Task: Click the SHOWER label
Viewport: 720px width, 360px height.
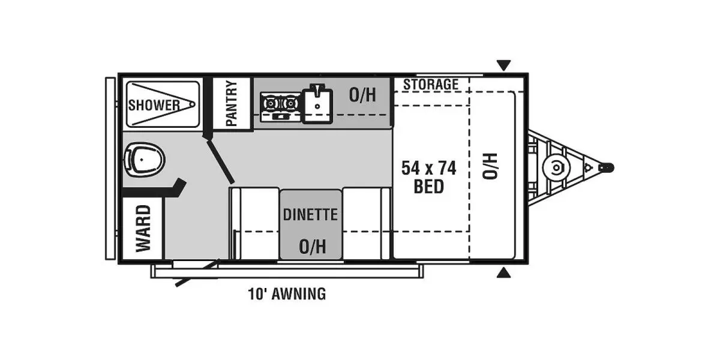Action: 154,105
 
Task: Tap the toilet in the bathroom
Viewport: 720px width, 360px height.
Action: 144,159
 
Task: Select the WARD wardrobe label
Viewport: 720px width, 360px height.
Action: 143,229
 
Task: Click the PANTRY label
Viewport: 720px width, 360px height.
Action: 232,103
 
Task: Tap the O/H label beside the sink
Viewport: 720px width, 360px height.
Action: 362,94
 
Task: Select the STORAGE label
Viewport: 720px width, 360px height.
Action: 430,85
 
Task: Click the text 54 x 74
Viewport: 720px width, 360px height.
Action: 428,168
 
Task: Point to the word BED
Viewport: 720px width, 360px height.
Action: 428,187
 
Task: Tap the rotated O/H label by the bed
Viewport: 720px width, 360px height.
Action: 490,166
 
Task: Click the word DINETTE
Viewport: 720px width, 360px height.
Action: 310,214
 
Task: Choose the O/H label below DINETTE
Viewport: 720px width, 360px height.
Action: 312,246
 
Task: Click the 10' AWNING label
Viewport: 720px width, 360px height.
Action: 287,294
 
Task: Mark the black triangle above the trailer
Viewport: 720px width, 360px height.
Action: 504,65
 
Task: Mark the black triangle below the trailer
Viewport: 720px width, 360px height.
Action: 504,274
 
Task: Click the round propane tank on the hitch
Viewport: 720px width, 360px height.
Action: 555,167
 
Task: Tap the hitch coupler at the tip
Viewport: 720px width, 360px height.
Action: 607,168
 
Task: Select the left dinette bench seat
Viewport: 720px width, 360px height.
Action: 254,223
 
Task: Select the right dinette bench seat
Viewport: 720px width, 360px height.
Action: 367,223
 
